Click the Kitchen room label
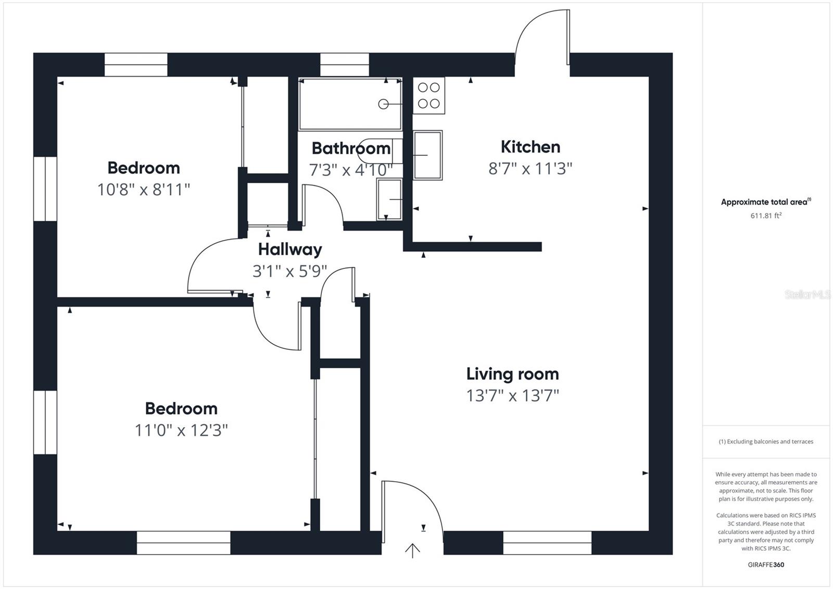[x=530, y=147]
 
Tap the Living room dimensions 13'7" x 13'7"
[x=512, y=396]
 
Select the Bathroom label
[x=350, y=148]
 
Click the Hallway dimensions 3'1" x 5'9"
[x=289, y=271]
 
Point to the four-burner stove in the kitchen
[x=429, y=96]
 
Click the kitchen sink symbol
[x=428, y=155]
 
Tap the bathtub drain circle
[x=383, y=104]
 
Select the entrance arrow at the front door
[x=412, y=550]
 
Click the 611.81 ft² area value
[x=765, y=216]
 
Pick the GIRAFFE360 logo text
[x=765, y=565]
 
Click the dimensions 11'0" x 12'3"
[x=181, y=431]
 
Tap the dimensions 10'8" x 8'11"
[x=143, y=190]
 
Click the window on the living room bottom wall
[x=547, y=543]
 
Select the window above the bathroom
[x=344, y=65]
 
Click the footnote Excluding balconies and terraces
[x=765, y=442]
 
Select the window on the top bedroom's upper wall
[x=136, y=65]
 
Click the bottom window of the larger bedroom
[x=183, y=543]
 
